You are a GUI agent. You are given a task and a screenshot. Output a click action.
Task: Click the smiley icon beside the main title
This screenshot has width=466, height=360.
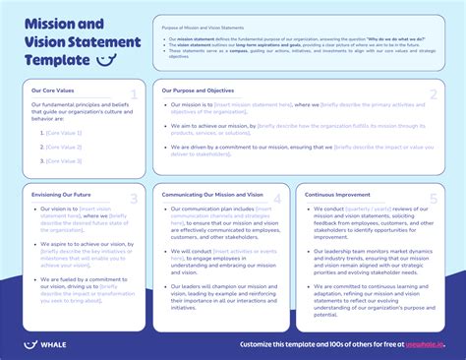(x=109, y=60)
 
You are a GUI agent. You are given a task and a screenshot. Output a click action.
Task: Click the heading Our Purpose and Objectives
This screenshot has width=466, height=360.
(x=199, y=90)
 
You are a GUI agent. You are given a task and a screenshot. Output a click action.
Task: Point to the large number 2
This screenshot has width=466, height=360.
(x=433, y=95)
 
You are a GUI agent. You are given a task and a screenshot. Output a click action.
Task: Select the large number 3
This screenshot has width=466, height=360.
(x=135, y=201)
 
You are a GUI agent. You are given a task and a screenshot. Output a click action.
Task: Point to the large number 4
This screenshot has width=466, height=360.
(x=277, y=201)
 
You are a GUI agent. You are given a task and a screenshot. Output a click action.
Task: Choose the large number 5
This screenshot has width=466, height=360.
(x=432, y=201)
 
